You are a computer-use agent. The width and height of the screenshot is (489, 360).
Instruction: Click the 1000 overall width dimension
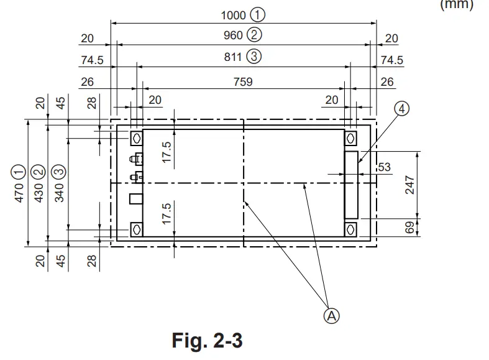tap(233, 15)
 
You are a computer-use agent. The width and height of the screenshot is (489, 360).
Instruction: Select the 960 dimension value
tap(233, 35)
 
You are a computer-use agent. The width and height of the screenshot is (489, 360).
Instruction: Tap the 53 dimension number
tap(384, 168)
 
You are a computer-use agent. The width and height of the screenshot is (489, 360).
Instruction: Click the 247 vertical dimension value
tap(411, 185)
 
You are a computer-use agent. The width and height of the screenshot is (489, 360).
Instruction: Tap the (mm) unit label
tap(457, 6)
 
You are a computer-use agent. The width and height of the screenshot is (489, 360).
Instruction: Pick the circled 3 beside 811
tap(254, 56)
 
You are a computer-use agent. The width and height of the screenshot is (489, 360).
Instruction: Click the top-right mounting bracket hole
tap(352, 137)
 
